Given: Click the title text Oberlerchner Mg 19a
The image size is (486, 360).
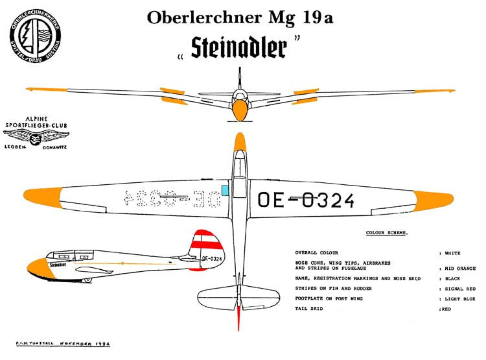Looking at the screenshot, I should click(240, 18).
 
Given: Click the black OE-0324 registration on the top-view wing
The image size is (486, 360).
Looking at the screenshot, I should click(306, 200).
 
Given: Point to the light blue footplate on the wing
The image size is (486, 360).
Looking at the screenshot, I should click(225, 189).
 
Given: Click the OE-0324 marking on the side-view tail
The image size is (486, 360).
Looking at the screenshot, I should click(212, 258).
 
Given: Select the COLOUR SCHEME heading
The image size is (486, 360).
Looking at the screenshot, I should click(387, 232).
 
